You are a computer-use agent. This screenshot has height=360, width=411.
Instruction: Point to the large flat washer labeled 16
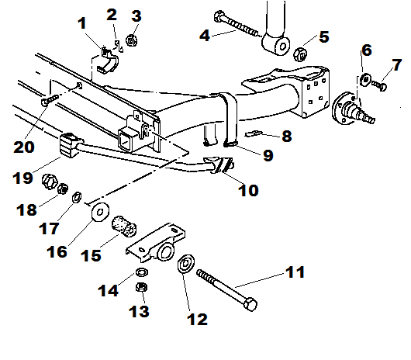(99, 210)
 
